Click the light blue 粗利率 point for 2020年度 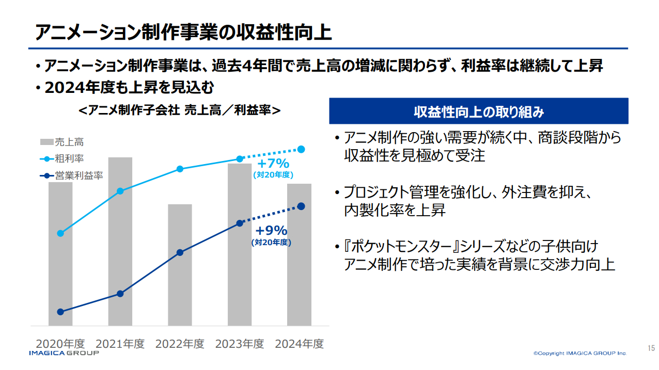(x=60, y=233)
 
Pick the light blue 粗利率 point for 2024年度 (x=302, y=149)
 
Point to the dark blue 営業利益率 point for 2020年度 (x=60, y=312)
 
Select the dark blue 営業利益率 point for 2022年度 (x=180, y=252)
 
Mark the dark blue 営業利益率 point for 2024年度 (x=302, y=206)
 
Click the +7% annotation (x=273, y=164)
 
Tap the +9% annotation (x=271, y=231)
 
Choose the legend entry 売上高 (x=62, y=142)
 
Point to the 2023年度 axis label (x=240, y=344)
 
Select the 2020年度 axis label (x=60, y=344)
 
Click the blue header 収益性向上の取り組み (x=478, y=111)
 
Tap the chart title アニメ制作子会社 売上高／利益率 (x=180, y=110)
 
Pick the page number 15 (x=651, y=348)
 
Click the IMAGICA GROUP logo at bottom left (x=64, y=353)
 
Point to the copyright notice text (x=580, y=353)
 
